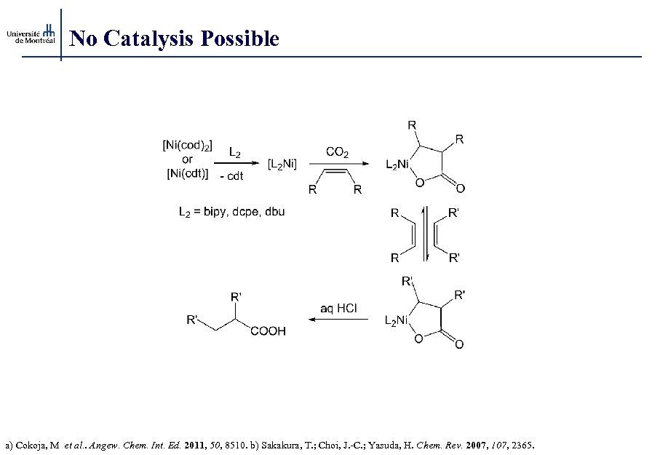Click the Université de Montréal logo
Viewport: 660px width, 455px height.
tap(31, 34)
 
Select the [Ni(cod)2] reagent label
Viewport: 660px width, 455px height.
tap(187, 146)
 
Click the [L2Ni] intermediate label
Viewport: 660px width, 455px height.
tap(282, 165)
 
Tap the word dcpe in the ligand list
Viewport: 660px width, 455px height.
tap(253, 212)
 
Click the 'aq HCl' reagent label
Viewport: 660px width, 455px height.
tap(339, 308)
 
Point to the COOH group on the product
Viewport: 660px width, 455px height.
tap(268, 331)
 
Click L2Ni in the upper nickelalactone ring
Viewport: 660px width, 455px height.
tap(398, 165)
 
